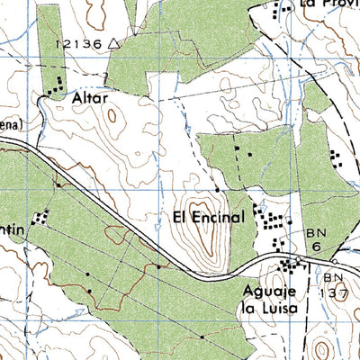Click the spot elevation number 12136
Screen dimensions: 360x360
(x=77, y=43)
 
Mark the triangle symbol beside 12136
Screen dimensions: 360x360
(x=112, y=42)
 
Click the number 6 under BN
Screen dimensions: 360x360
(x=317, y=246)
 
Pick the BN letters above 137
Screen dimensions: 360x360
(x=335, y=278)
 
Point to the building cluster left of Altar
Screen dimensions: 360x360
(x=54, y=86)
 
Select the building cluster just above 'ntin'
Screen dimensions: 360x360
(x=40, y=217)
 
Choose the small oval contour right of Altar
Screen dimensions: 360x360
(x=112, y=114)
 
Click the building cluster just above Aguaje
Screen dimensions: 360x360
(x=290, y=265)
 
